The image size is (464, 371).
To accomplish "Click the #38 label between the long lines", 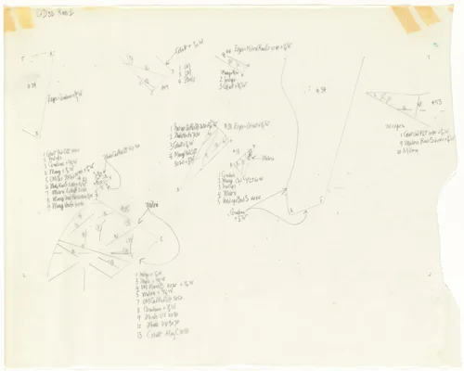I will tap(319, 90).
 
